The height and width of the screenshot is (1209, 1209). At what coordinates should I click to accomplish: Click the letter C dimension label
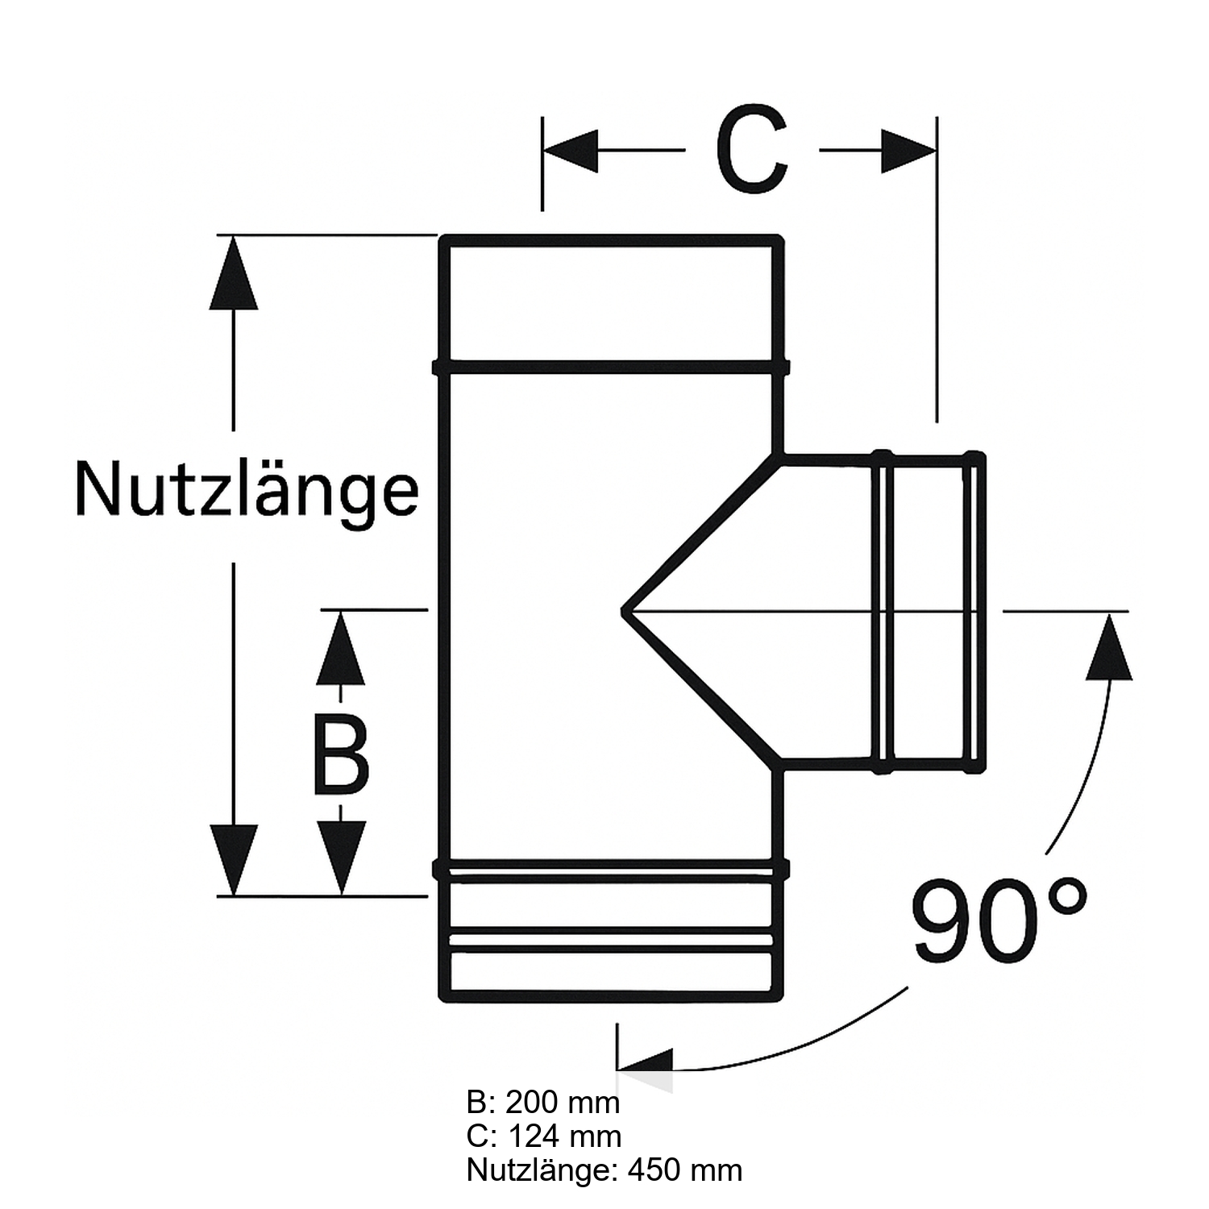[x=751, y=150]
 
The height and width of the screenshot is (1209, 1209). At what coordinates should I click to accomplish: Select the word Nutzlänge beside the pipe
[x=247, y=489]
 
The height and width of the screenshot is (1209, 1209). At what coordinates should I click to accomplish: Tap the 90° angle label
[x=999, y=920]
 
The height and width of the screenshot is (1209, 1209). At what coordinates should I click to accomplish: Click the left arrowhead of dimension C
[x=571, y=150]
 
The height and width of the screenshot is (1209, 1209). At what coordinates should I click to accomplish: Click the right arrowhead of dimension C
[x=908, y=150]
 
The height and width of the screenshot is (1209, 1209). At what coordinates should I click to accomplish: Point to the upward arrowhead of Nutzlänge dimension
[x=233, y=274]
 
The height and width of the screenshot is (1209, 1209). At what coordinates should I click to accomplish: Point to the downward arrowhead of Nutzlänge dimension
[x=233, y=858]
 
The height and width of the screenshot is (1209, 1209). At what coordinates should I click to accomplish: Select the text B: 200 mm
[x=543, y=1102]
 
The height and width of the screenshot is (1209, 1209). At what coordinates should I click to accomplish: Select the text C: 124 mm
[x=544, y=1136]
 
